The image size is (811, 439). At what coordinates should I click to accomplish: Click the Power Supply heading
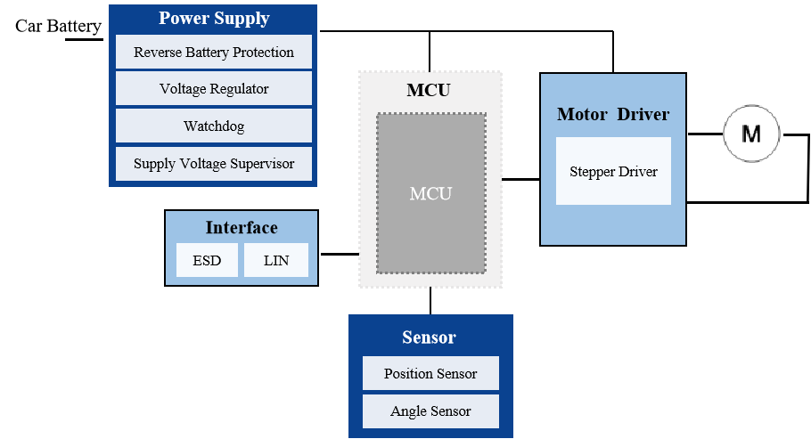pyautogui.click(x=214, y=19)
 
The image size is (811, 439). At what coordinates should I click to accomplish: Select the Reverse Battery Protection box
pyautogui.click(x=214, y=53)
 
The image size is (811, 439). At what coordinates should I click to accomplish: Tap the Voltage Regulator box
pyautogui.click(x=214, y=89)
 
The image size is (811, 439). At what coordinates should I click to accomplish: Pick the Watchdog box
pyautogui.click(x=214, y=126)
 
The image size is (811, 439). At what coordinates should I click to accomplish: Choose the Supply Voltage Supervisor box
pyautogui.click(x=214, y=164)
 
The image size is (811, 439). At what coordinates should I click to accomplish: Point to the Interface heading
pyautogui.click(x=242, y=228)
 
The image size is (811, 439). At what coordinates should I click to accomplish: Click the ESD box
pyautogui.click(x=207, y=262)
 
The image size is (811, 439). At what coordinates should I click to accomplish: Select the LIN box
pyautogui.click(x=276, y=262)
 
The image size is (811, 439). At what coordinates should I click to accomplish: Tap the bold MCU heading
pyautogui.click(x=429, y=91)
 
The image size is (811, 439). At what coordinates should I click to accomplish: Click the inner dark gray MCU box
pyautogui.click(x=430, y=194)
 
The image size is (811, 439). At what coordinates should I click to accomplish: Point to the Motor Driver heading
pyautogui.click(x=613, y=115)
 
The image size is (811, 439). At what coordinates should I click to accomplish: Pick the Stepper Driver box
pyautogui.click(x=613, y=171)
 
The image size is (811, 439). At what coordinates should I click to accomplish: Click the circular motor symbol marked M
pyautogui.click(x=751, y=134)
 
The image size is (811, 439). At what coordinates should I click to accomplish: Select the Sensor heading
pyautogui.click(x=429, y=337)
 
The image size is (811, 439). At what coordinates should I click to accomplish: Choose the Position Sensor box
pyautogui.click(x=430, y=374)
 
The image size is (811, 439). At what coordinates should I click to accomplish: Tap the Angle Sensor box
pyautogui.click(x=430, y=411)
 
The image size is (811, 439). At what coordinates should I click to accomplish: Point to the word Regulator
pyautogui.click(x=239, y=89)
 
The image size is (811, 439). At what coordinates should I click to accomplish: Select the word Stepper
pyautogui.click(x=592, y=171)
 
